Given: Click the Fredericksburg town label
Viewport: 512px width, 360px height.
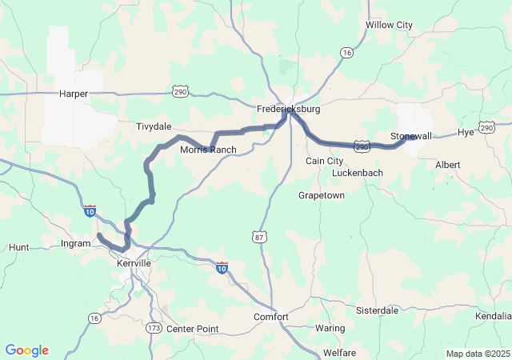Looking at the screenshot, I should [x=288, y=108].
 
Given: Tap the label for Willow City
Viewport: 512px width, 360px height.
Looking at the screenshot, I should [x=389, y=25].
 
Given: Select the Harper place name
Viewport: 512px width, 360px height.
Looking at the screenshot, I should [x=74, y=94].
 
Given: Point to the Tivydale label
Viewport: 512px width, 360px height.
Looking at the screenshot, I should [x=154, y=126].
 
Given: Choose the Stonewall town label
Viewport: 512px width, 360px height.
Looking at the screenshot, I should [x=411, y=136].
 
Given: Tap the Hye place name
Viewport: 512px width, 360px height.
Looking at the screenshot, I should [x=466, y=132].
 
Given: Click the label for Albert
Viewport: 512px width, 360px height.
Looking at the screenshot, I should [x=447, y=165].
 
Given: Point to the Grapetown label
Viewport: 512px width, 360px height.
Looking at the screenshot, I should [x=321, y=195].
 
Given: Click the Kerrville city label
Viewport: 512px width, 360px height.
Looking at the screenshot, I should [x=133, y=263].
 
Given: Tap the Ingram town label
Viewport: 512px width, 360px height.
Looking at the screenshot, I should [x=76, y=243].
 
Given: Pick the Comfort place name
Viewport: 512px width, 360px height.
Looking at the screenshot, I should [x=271, y=317].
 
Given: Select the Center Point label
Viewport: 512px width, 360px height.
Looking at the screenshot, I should [x=192, y=329].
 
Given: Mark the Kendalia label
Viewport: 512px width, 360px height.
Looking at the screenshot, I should [x=492, y=317].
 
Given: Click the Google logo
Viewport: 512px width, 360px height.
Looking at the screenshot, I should [x=26, y=350].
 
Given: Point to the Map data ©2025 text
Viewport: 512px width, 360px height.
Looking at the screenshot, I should [x=477, y=354].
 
